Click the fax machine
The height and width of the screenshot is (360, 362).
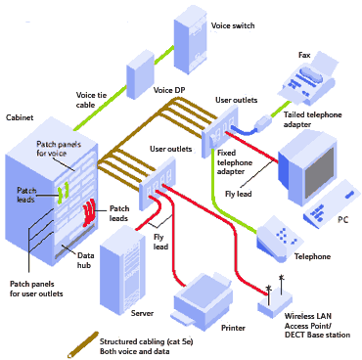(x=311, y=83)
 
